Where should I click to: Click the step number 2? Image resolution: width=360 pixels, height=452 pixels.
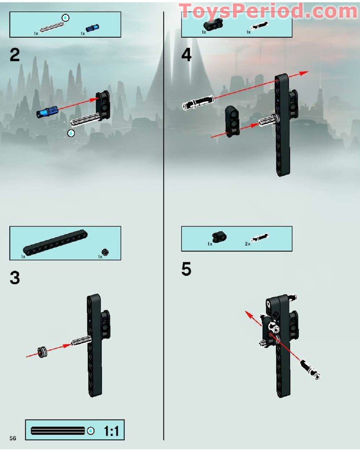[x=15, y=55]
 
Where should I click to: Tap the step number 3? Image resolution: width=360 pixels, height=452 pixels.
[x=15, y=277]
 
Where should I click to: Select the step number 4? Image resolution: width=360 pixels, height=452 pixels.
[x=186, y=55]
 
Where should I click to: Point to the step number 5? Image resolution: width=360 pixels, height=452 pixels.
[x=186, y=269]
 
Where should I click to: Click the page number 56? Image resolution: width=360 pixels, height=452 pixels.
[x=13, y=438]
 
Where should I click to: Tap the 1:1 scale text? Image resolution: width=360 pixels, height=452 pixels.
[x=111, y=431]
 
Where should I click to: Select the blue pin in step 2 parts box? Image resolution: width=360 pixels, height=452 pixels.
[x=92, y=28]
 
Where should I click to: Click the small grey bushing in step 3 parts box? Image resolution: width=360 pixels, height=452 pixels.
[x=106, y=252]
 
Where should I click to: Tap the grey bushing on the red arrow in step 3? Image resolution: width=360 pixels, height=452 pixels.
[x=43, y=352]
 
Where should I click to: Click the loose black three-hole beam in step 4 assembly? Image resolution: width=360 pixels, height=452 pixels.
[x=233, y=121]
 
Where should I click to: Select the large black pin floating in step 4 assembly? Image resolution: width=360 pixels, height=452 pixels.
[x=198, y=103]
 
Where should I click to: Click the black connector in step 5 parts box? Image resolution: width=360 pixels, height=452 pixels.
[x=219, y=237]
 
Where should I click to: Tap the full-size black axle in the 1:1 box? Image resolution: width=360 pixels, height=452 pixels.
[x=58, y=431]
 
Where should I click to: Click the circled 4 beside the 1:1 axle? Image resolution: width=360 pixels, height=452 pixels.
[x=90, y=431]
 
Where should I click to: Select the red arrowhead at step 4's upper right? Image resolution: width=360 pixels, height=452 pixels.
[x=304, y=73]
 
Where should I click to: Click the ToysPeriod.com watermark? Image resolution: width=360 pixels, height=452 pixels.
[x=268, y=11]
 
